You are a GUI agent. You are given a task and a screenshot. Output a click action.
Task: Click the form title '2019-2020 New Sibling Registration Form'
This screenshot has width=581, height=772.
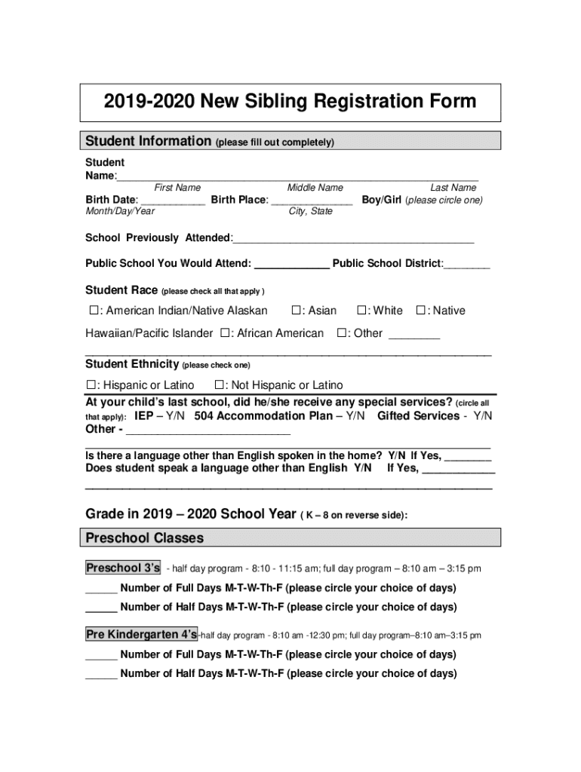click(290, 102)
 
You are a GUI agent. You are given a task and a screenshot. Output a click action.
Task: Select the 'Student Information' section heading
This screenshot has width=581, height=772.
click(148, 141)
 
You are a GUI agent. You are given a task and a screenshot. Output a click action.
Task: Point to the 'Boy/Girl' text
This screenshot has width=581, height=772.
click(382, 200)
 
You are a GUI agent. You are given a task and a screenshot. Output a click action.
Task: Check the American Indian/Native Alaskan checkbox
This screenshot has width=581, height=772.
click(94, 311)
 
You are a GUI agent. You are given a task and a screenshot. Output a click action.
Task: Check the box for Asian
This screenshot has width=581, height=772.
click(297, 311)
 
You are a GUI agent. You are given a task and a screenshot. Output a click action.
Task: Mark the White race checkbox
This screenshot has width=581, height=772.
click(362, 311)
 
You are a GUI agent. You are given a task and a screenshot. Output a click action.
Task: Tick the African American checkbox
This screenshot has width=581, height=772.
click(225, 333)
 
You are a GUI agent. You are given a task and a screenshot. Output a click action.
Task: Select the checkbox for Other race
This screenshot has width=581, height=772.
click(342, 333)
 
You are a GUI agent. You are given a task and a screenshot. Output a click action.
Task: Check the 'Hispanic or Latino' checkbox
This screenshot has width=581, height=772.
click(92, 385)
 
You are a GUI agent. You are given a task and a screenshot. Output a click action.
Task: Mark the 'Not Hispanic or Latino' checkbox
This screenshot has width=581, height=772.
click(220, 385)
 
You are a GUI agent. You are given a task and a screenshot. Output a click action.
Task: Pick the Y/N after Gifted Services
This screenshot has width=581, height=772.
click(483, 416)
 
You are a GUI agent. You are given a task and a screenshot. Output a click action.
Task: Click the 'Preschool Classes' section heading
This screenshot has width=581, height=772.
click(144, 538)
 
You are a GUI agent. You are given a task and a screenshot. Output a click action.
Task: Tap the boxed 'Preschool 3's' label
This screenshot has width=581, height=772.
click(123, 568)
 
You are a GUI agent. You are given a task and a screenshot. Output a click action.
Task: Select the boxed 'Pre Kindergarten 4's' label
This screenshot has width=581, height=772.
click(141, 635)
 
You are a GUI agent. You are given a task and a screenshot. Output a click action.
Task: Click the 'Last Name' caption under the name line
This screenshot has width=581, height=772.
click(453, 188)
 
